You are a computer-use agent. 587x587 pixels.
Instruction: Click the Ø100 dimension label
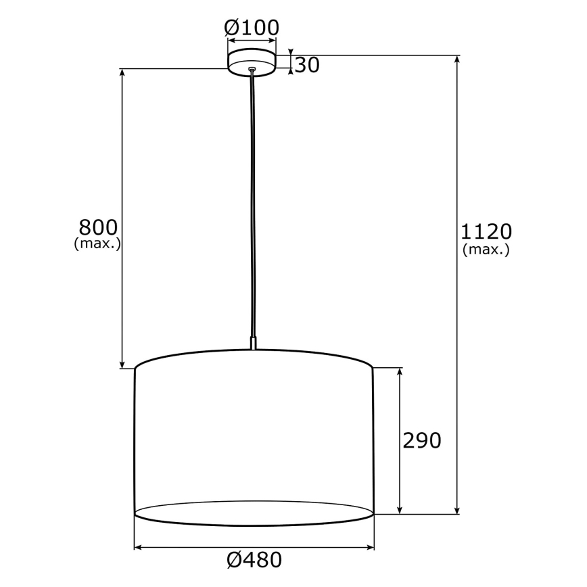point(252,28)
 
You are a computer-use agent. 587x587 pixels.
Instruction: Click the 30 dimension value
point(307,65)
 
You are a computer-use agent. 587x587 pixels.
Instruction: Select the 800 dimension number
point(98,227)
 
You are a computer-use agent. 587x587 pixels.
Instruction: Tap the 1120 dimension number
point(486,232)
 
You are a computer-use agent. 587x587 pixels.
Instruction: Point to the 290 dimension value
point(421,441)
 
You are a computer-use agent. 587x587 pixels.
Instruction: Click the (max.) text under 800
point(97,244)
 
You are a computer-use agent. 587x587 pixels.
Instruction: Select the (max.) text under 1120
point(486,250)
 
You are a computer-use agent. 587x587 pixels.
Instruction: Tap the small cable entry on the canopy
point(252,68)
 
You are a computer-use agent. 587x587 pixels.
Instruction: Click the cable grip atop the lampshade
point(253,343)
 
